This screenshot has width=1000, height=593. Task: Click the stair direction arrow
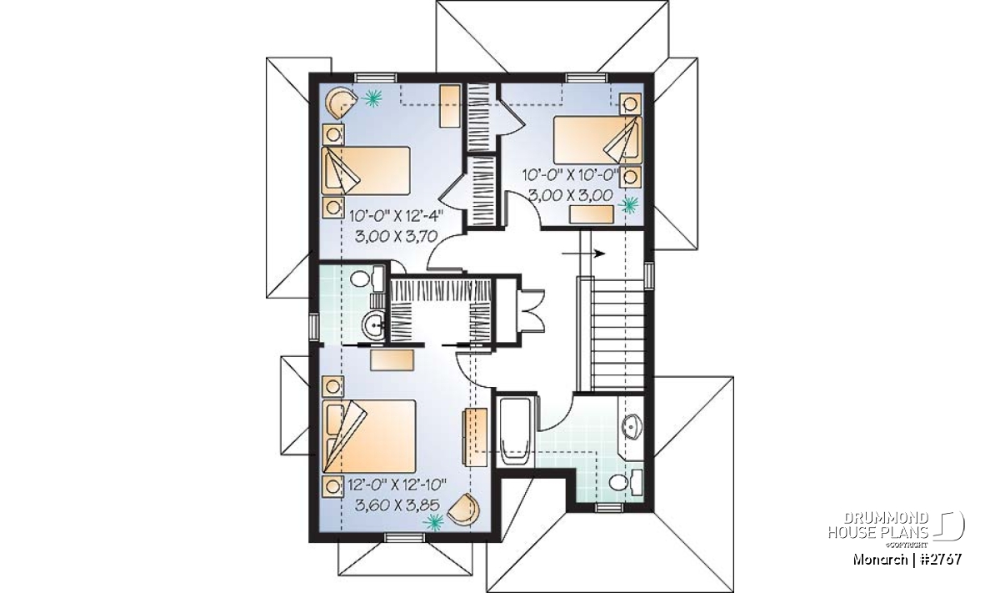[x=583, y=254]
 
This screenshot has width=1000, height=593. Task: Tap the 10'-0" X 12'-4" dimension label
[x=397, y=216]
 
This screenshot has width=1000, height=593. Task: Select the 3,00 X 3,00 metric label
[x=571, y=195]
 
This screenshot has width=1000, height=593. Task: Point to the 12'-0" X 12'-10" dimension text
[x=397, y=484]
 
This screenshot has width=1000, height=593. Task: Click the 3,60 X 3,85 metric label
[x=397, y=505]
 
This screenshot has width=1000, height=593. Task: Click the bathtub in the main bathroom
[x=515, y=433]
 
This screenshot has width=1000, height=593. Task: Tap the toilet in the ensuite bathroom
[x=367, y=279]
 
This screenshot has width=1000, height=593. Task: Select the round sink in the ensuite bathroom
[x=373, y=325]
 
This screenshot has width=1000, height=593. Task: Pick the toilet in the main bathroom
[x=626, y=482]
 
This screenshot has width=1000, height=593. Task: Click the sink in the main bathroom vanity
[x=632, y=426]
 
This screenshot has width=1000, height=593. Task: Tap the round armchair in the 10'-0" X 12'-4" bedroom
[x=340, y=103]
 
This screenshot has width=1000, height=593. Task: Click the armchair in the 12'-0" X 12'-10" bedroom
[x=464, y=510]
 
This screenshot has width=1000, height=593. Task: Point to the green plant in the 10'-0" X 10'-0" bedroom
[x=629, y=205]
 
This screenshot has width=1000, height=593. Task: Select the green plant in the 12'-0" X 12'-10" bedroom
[x=433, y=521]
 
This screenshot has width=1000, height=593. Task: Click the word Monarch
[x=878, y=560]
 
